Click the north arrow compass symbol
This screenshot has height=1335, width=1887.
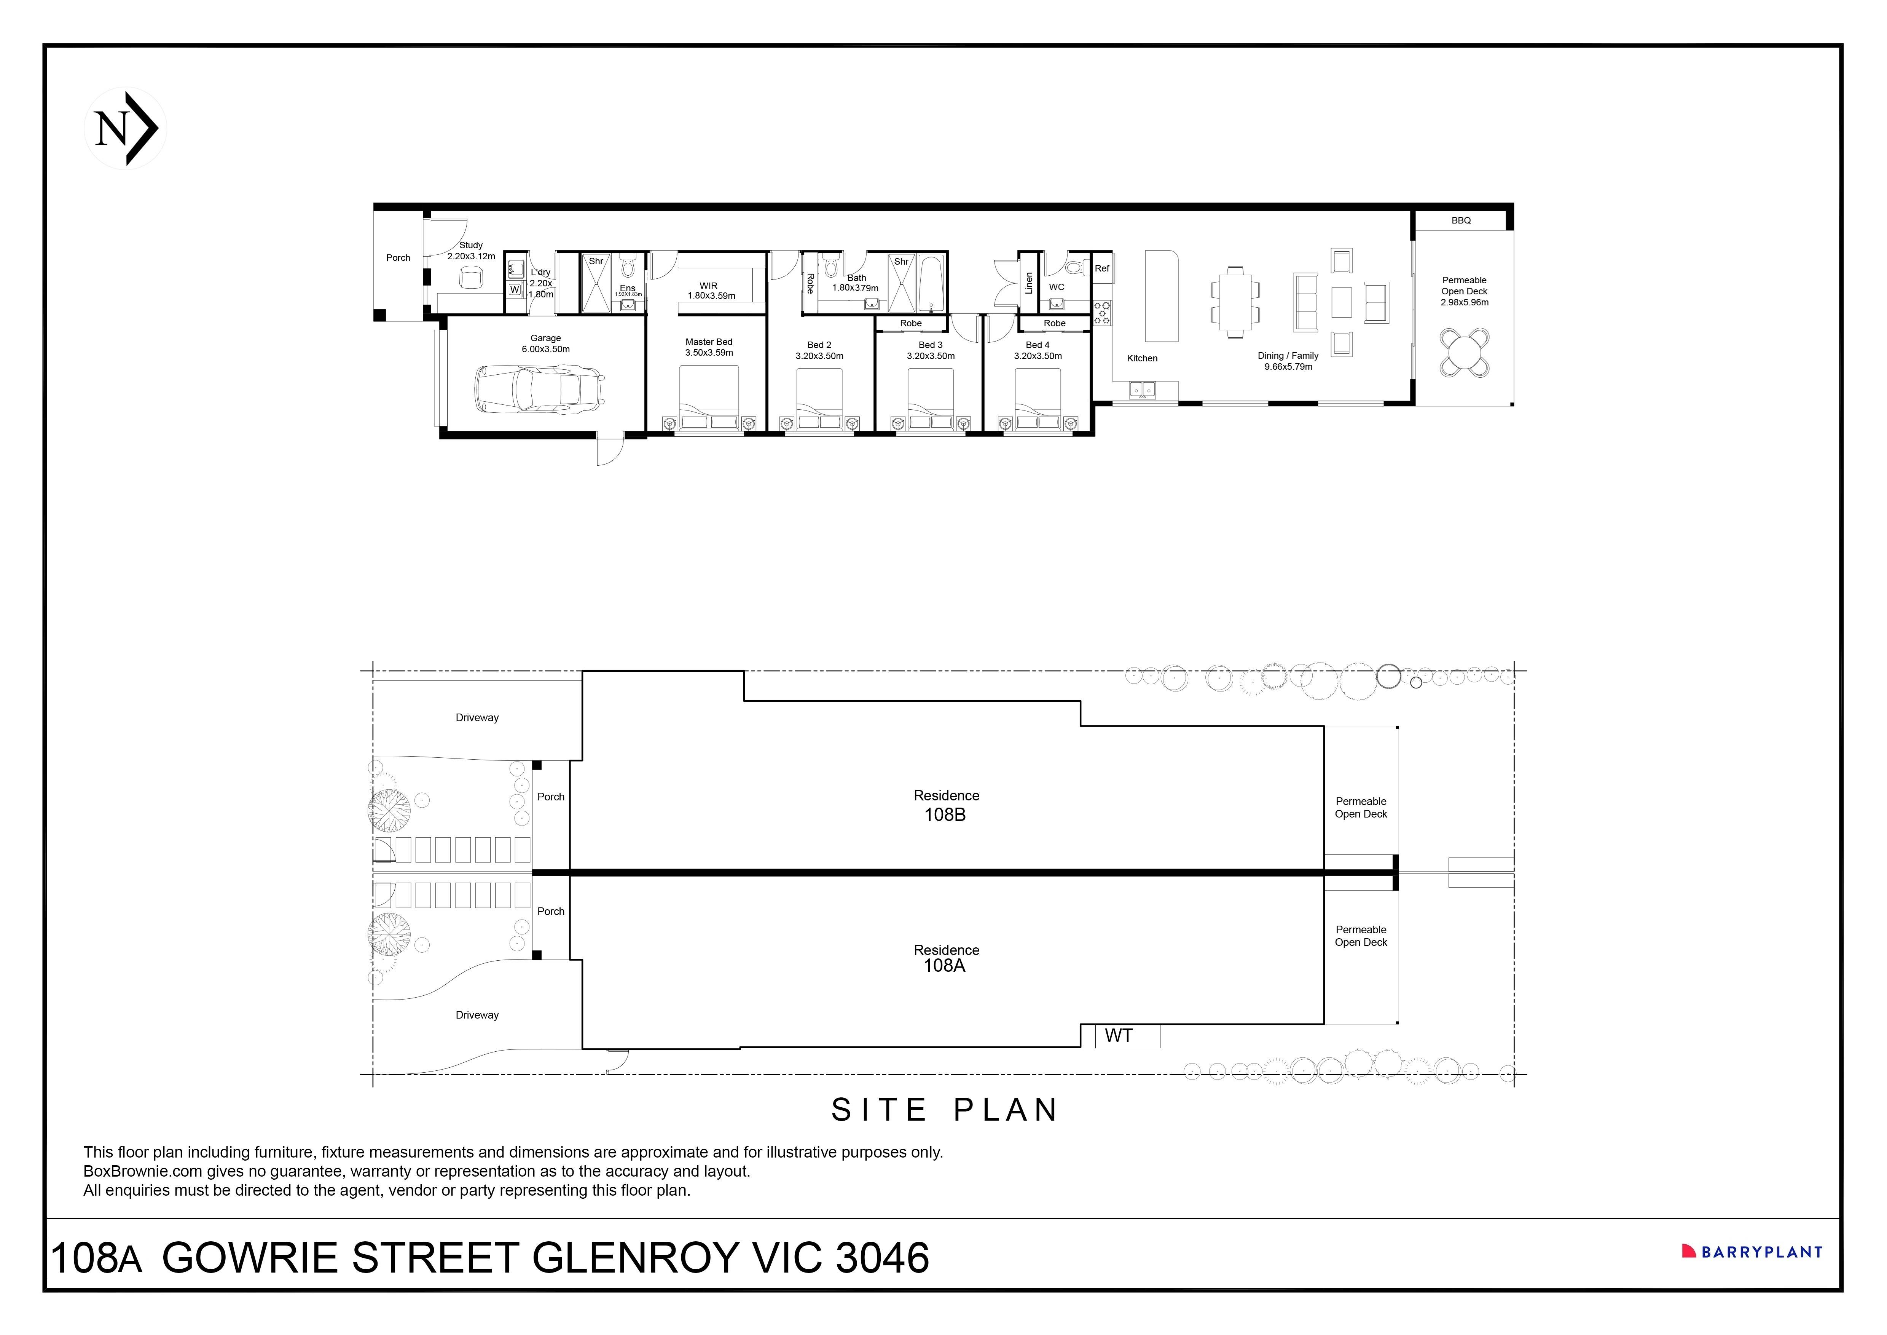pyautogui.click(x=126, y=128)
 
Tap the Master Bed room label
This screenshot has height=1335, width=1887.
pyautogui.click(x=708, y=342)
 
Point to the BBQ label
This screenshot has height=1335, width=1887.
pyautogui.click(x=1460, y=220)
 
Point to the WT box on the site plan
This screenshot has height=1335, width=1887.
pyautogui.click(x=1127, y=1036)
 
